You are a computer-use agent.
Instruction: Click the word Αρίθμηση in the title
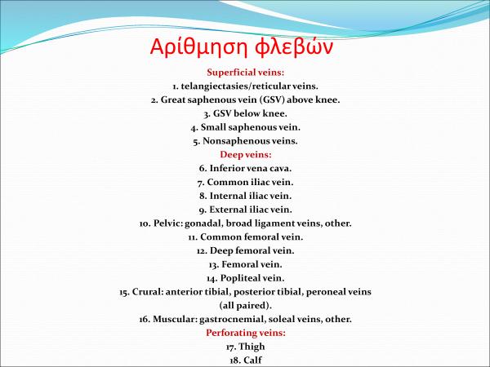pos(192,46)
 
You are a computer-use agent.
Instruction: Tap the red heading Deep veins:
pos(245,154)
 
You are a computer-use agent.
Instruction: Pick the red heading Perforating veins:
pos(245,333)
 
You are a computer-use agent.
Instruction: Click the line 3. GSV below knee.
pos(245,113)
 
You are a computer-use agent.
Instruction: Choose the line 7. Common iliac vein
pos(245,182)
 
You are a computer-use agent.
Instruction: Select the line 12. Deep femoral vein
pos(245,250)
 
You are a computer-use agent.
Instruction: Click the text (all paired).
pos(245,305)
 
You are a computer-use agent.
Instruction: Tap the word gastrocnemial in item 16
pos(216,319)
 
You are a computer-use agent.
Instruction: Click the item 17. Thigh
pos(245,346)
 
